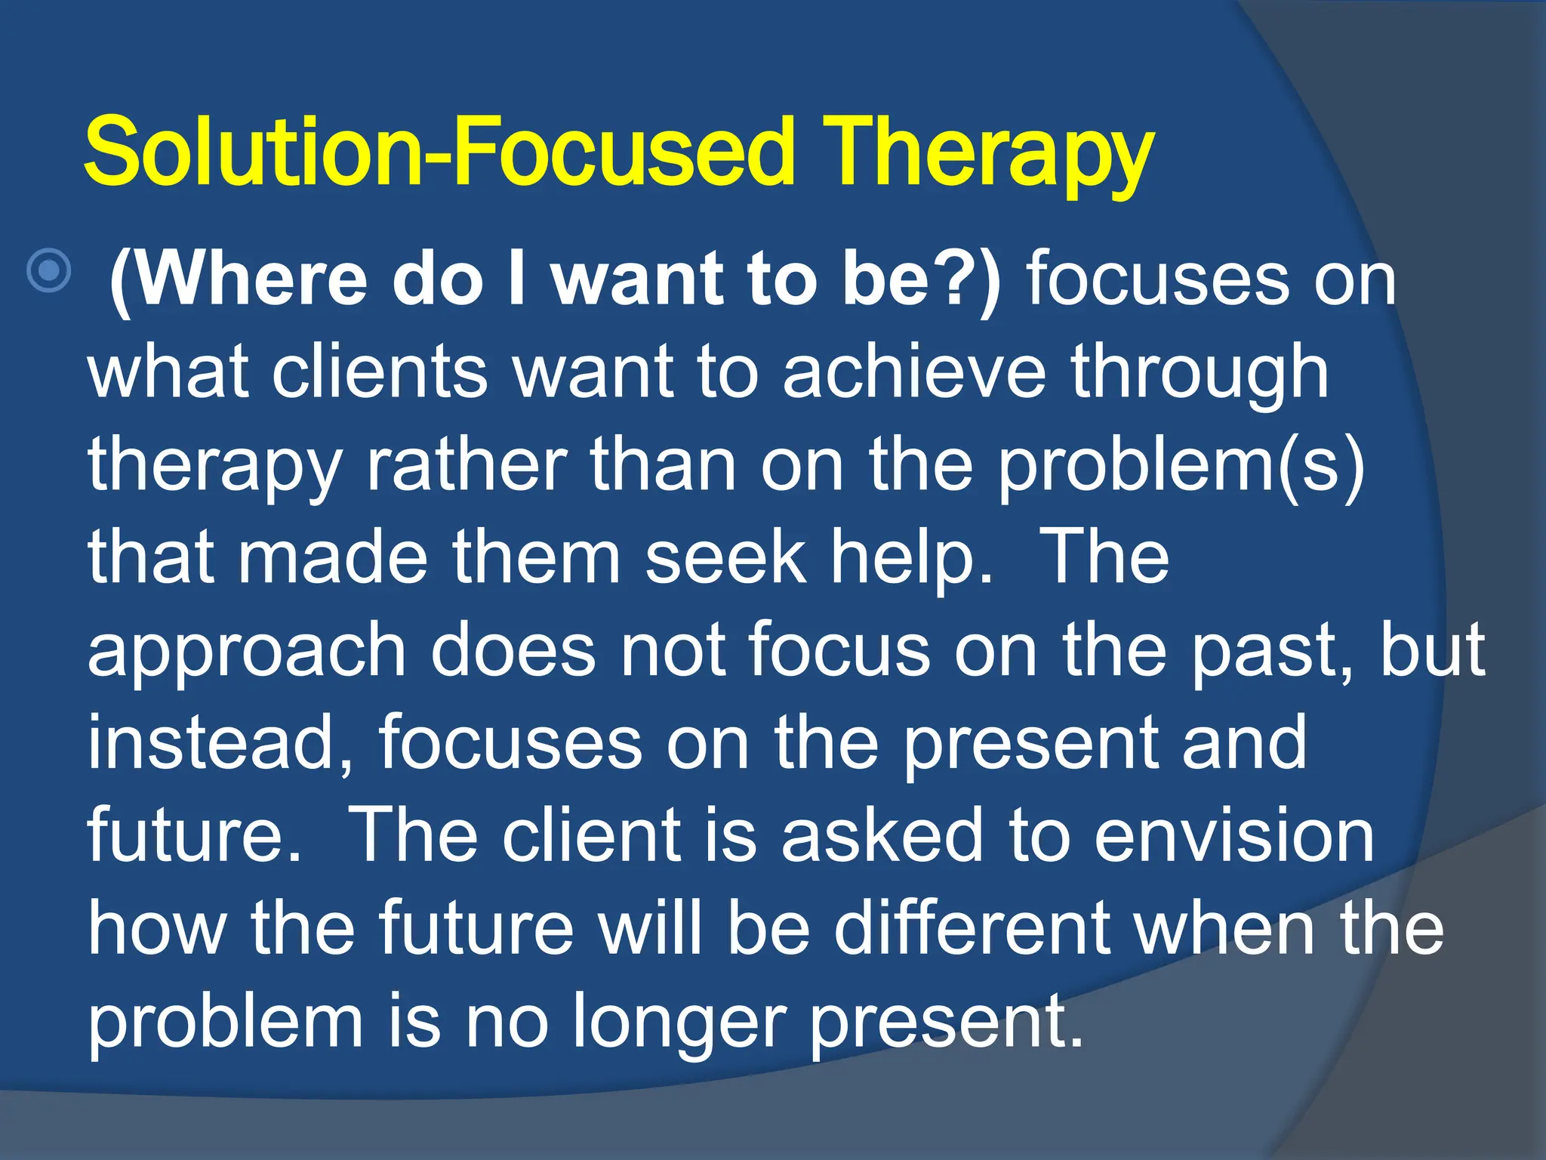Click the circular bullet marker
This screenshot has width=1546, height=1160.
[x=49, y=270]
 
